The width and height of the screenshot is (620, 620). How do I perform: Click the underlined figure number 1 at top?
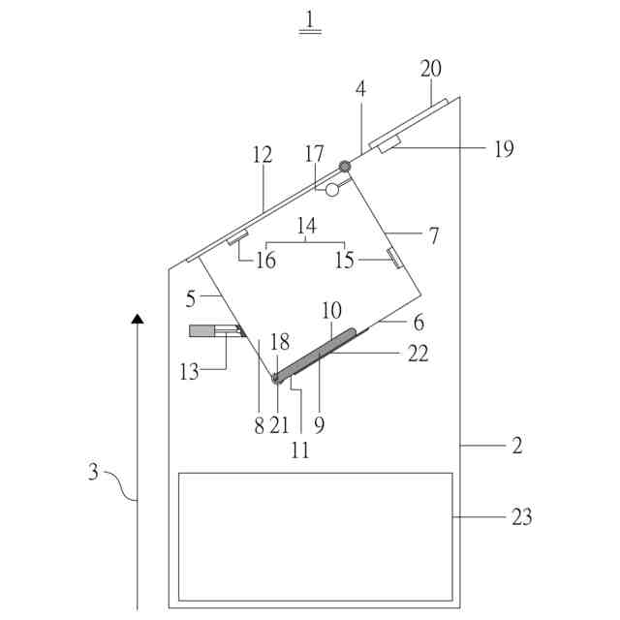pos(310,18)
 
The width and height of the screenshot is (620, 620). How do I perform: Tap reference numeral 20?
pos(430,69)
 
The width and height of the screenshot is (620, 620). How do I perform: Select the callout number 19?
pos(503,148)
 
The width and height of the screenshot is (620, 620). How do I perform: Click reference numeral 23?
pos(521,516)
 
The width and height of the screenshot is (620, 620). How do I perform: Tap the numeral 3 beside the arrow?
pos(93,472)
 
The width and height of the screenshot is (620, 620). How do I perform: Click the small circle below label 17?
pos(332,191)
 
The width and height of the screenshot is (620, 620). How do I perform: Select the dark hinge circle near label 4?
pos(344,167)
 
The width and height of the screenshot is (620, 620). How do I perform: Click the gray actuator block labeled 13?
pos(203,331)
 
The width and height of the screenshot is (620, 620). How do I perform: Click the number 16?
pos(265,260)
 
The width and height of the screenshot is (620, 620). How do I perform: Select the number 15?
pos(345,260)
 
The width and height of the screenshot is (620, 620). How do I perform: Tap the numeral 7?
pos(433,235)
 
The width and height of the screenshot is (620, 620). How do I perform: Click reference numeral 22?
pos(418,355)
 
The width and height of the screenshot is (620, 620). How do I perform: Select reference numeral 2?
pos(517,446)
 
